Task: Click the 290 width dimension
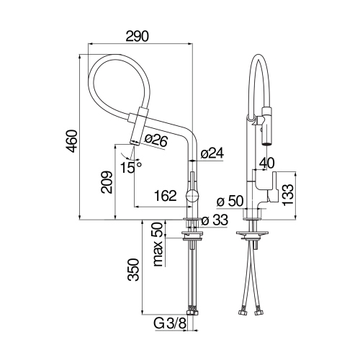pyautogui.click(x=140, y=35)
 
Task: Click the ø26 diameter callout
pyautogui.click(x=155, y=141)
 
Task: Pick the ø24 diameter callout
pyautogui.click(x=212, y=153)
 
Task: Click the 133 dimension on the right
pyautogui.click(x=288, y=194)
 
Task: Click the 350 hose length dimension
pyautogui.click(x=132, y=270)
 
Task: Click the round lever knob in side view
pyautogui.click(x=192, y=195)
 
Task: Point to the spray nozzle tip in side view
pyautogui.click(x=133, y=142)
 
